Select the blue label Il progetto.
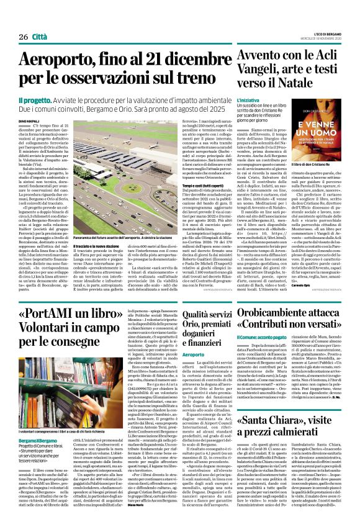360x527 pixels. (x=35, y=99)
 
